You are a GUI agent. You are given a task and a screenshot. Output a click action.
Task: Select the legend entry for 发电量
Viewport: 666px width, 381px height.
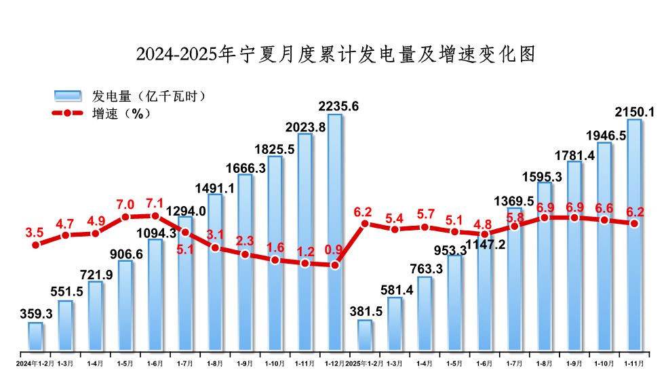click(129, 96)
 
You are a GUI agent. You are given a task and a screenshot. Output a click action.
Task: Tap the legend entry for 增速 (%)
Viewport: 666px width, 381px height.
click(101, 113)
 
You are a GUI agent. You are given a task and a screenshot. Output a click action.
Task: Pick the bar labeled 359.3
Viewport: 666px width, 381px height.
click(35, 337)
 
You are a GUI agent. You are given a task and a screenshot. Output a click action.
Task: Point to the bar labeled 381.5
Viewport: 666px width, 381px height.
click(365, 336)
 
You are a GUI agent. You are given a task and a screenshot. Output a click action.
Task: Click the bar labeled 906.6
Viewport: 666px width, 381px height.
click(125, 306)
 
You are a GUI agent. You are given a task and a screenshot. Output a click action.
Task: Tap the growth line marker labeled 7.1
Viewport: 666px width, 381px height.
click(155, 216)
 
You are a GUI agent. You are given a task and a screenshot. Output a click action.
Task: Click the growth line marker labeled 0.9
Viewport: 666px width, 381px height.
click(334, 265)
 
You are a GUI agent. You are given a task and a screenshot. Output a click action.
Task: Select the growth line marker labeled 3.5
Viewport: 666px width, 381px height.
click(35, 245)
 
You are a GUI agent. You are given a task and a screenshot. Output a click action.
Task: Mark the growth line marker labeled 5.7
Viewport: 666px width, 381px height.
click(425, 227)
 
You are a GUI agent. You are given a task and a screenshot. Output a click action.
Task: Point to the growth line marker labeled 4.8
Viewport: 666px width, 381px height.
click(484, 234)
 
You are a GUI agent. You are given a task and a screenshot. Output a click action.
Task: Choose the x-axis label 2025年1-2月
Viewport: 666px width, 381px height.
click(365, 363)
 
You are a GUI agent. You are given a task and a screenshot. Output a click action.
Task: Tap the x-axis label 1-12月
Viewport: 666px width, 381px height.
click(334, 363)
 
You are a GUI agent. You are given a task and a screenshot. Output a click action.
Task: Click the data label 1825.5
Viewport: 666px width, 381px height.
click(274, 148)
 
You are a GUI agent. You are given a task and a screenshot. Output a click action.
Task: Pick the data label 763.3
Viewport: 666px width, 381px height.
click(425, 269)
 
